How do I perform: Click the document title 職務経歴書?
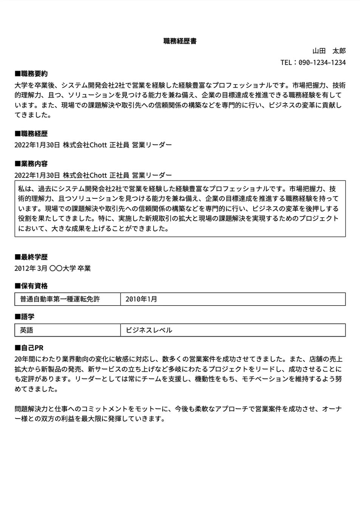(x=180, y=41)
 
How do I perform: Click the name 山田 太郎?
(x=329, y=51)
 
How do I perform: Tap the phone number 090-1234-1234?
(x=322, y=62)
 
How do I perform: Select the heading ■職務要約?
(x=31, y=73)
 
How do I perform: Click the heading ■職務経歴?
(x=31, y=133)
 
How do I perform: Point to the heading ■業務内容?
(x=31, y=164)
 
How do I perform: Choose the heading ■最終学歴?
(x=31, y=257)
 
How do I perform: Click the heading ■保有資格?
(x=31, y=286)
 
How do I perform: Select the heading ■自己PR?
(x=29, y=348)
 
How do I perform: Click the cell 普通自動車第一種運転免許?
(x=60, y=299)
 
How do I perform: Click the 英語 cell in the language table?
(x=26, y=330)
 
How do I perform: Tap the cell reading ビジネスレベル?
(x=149, y=330)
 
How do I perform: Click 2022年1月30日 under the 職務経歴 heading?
(x=37, y=145)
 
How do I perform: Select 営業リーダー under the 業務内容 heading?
(x=152, y=175)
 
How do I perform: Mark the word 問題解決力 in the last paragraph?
(x=31, y=409)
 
